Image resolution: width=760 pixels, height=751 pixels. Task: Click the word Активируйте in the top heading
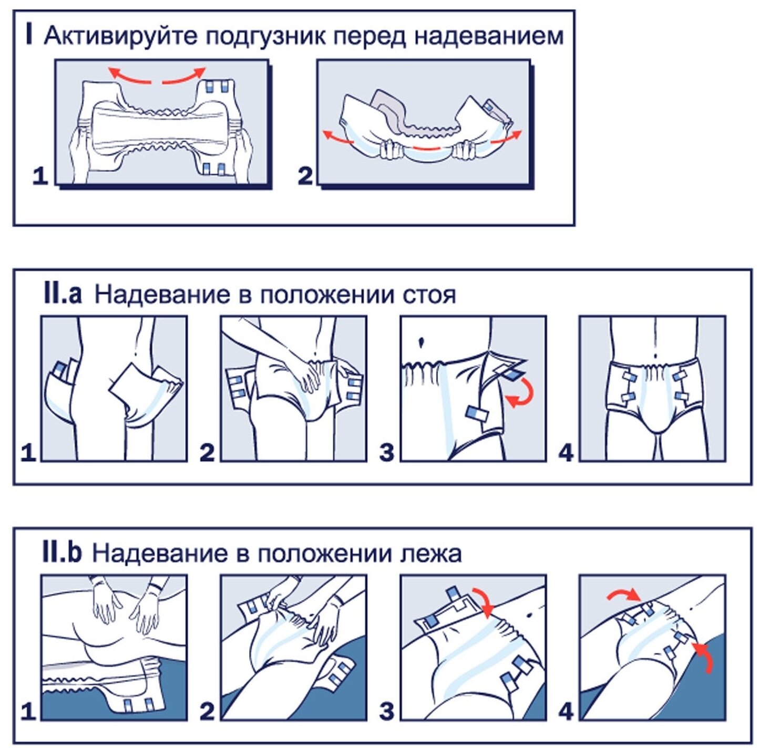pos(121,36)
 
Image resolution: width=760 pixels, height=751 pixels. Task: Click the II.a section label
pos(63,294)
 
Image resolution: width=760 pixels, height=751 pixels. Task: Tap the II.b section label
pos(61,552)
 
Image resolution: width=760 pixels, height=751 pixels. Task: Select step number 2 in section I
pos(305,175)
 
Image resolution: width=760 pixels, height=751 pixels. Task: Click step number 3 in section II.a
pos(386,452)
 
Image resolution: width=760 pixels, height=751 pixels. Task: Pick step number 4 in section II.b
pos(566,711)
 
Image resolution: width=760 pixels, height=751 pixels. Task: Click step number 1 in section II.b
pos(28,711)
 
